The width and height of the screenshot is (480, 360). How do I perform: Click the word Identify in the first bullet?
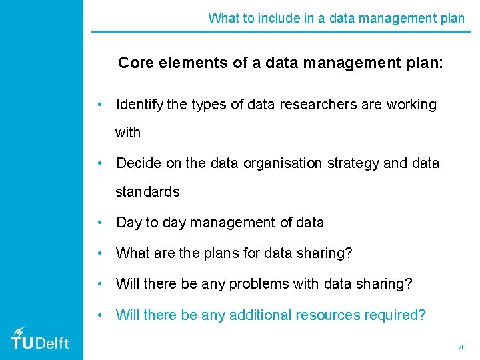coord(138,105)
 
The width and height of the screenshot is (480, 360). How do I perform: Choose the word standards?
coord(147,192)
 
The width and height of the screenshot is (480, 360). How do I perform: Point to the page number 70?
coord(461,347)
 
